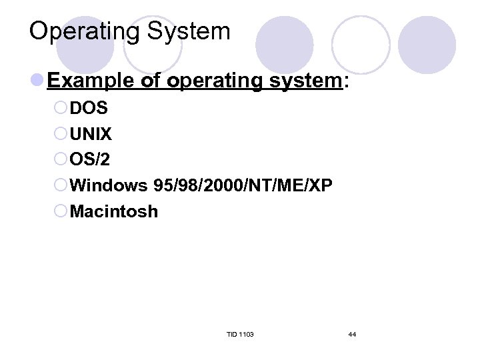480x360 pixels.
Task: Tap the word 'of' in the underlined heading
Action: pos(151,81)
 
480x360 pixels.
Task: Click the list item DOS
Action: pos(89,109)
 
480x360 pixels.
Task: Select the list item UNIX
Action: pos(91,135)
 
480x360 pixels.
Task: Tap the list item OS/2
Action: pos(90,161)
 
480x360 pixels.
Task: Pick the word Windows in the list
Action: pos(108,186)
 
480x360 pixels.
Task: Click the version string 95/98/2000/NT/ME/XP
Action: pos(243,186)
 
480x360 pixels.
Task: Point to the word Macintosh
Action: pos(114,212)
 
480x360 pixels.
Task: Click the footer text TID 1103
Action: pos(240,334)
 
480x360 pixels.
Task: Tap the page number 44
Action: pos(352,334)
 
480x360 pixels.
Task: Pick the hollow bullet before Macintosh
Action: pos(61,212)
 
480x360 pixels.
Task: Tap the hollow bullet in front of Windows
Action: pos(61,186)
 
